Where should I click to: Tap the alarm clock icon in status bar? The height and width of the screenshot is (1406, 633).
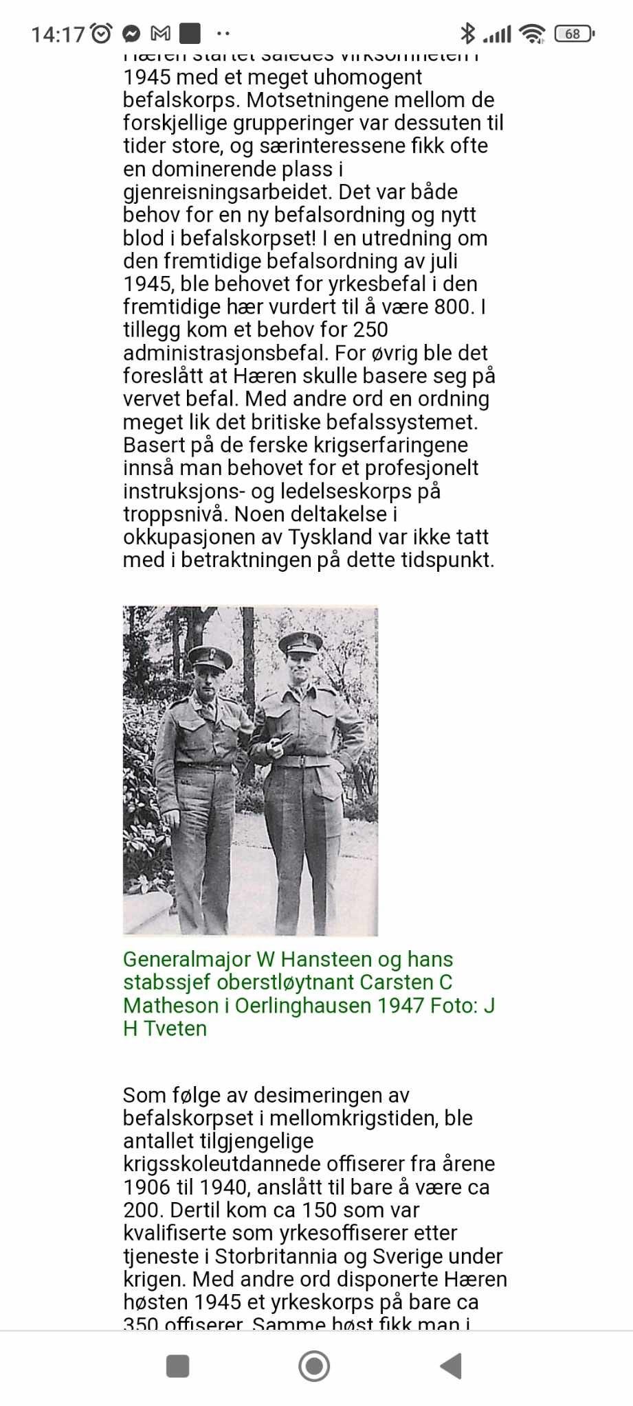tap(102, 33)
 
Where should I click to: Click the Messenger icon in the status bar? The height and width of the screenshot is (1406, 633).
tap(131, 33)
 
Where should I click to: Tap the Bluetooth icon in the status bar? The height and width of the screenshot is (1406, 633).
tap(467, 33)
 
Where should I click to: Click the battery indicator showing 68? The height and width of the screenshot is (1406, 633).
tap(574, 34)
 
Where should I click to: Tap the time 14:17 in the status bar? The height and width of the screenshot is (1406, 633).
tap(58, 34)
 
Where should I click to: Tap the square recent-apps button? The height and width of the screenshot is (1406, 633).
tap(178, 1366)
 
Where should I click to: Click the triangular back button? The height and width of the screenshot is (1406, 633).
tap(451, 1366)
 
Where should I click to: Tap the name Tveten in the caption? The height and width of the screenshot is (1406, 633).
tap(175, 1028)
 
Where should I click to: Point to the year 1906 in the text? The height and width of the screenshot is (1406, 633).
tap(146, 1187)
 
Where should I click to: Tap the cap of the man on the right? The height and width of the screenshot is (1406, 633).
tap(301, 643)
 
